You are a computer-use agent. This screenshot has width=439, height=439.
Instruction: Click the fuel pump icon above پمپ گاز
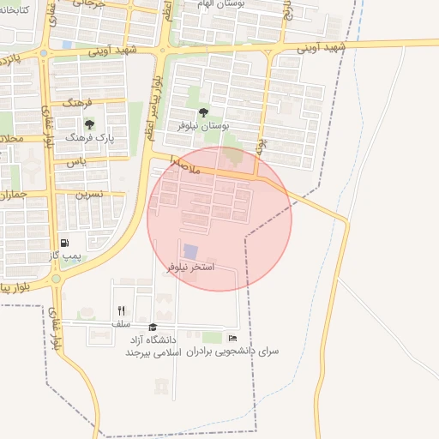click(65, 244)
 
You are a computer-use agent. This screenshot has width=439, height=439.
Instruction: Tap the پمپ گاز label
click(64, 256)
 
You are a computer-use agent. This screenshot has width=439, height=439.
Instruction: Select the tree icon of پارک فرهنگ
click(89, 125)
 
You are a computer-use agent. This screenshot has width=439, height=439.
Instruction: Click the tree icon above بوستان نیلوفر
click(203, 112)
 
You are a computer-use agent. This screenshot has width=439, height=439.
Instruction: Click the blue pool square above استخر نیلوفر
click(190, 251)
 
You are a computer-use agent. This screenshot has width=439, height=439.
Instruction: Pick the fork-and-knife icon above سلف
click(121, 311)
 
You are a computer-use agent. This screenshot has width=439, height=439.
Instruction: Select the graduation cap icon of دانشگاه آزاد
click(153, 327)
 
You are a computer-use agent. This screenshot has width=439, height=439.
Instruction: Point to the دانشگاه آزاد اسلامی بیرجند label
click(152, 346)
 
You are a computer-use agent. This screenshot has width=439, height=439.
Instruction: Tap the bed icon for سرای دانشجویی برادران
click(232, 339)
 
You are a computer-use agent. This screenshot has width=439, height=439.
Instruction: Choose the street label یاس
click(78, 160)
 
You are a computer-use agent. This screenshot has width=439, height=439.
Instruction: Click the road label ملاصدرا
click(185, 165)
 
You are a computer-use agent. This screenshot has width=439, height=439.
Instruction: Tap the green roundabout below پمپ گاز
click(57, 280)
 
